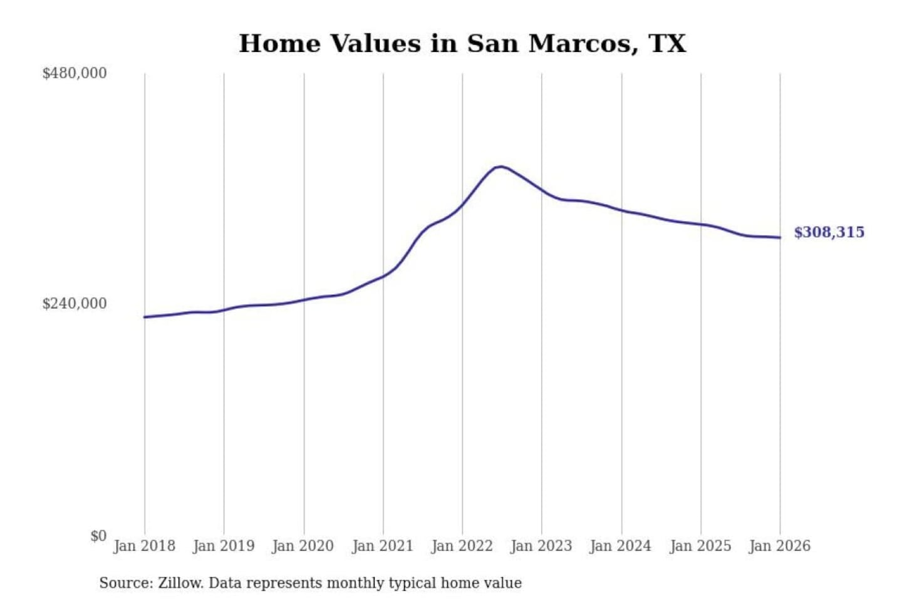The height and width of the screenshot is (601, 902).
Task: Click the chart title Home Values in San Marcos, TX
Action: [462, 43]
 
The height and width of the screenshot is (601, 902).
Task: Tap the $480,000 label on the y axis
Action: [74, 73]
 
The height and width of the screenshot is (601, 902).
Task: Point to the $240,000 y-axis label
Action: [74, 304]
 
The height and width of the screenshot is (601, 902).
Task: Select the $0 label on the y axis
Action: [98, 536]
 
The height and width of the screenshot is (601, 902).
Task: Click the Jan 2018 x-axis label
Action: [144, 546]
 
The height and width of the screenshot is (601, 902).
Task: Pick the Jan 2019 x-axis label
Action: [224, 546]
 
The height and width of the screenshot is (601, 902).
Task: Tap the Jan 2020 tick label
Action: [303, 546]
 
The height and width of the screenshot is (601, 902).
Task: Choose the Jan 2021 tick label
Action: [383, 546]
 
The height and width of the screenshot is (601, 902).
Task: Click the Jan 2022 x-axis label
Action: [462, 546]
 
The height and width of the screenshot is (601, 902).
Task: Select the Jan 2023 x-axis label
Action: [541, 546]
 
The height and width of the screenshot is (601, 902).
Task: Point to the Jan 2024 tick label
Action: [621, 546]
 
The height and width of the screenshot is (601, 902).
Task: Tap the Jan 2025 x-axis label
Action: [700, 546]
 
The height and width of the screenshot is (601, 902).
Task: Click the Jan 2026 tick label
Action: [780, 546]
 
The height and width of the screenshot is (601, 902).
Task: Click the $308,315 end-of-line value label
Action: [829, 232]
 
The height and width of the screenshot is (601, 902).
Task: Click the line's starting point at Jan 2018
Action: [145, 317]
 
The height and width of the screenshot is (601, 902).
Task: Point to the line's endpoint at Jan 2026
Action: [780, 237]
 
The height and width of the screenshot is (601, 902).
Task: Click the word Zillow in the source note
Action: [180, 583]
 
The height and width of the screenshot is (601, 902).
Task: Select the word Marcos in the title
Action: [580, 43]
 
